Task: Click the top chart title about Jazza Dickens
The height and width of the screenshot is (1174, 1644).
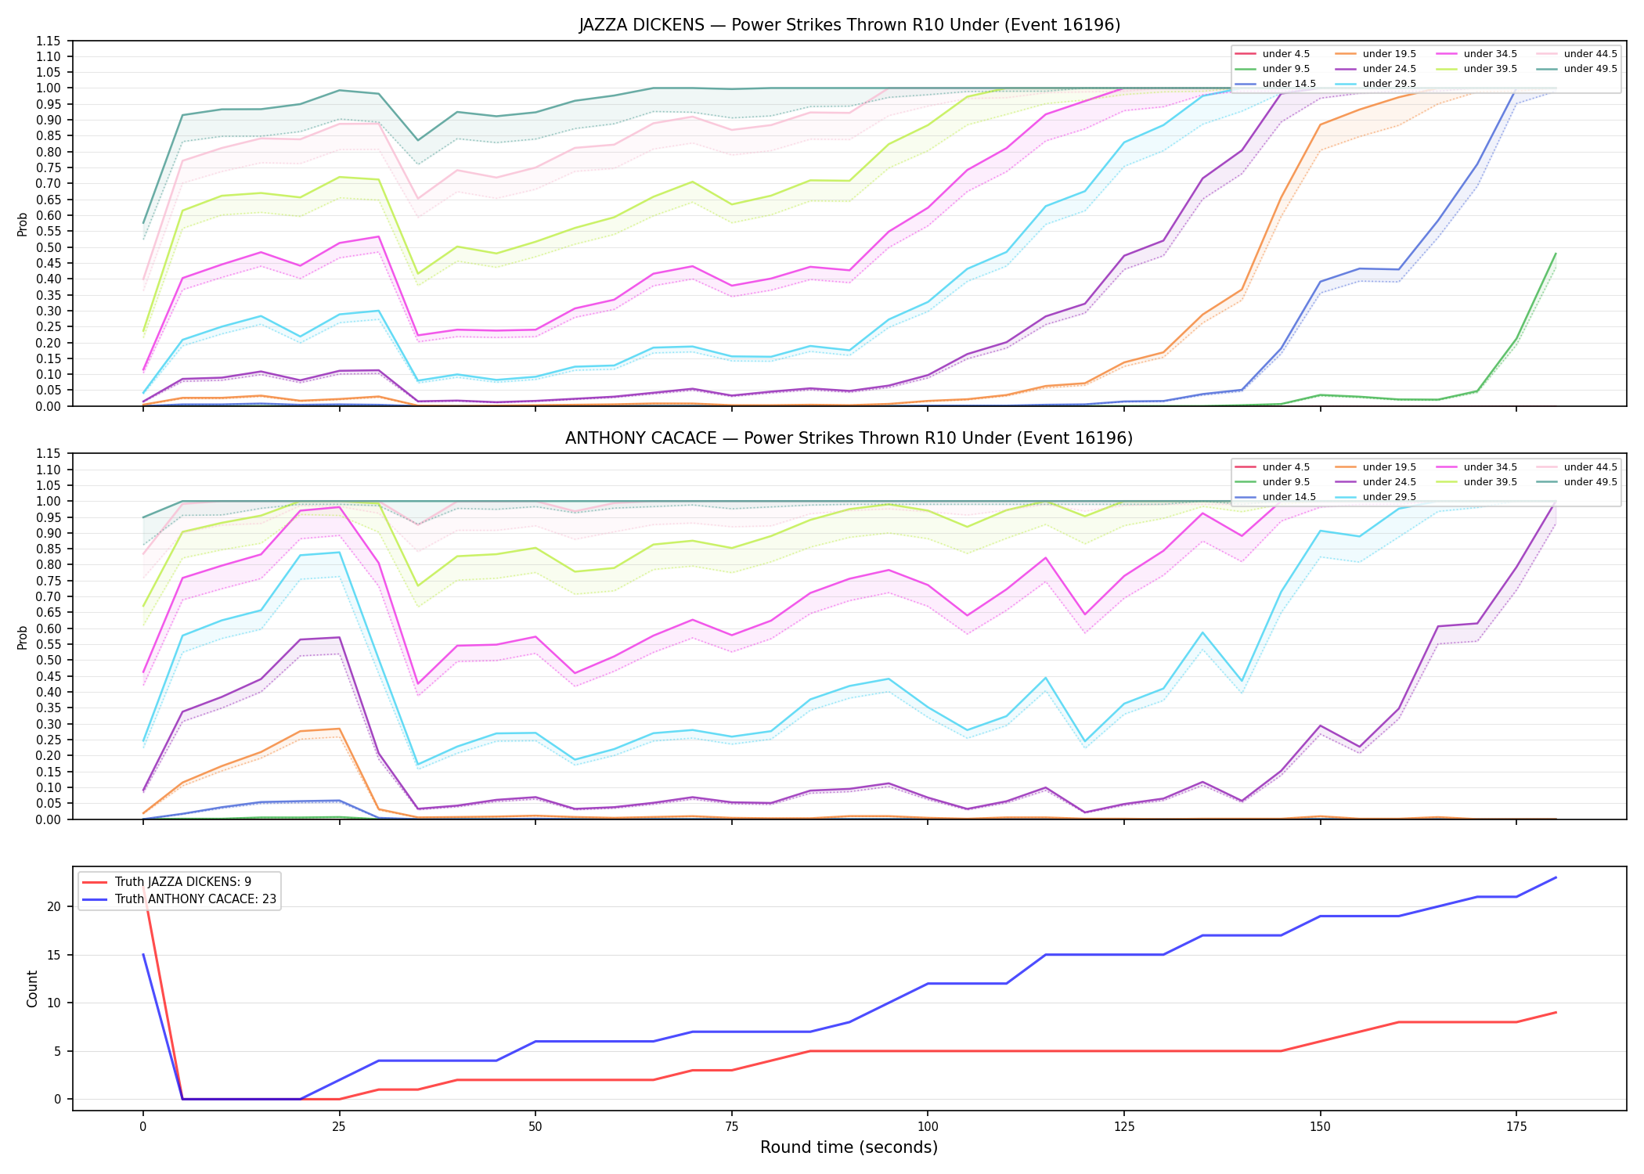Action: (849, 25)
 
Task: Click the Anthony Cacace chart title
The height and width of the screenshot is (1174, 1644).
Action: (849, 438)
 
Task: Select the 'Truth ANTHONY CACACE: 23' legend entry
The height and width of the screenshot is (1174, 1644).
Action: (179, 899)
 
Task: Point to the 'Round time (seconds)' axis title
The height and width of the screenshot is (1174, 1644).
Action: (849, 1147)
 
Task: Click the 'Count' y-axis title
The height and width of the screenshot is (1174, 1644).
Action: (32, 989)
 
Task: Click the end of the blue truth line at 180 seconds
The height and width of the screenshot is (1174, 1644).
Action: (1556, 877)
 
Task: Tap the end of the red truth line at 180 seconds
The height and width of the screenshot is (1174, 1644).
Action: (1556, 1013)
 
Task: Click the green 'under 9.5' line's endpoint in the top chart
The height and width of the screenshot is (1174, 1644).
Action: (1556, 254)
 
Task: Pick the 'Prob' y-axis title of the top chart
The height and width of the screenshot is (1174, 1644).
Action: (23, 224)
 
